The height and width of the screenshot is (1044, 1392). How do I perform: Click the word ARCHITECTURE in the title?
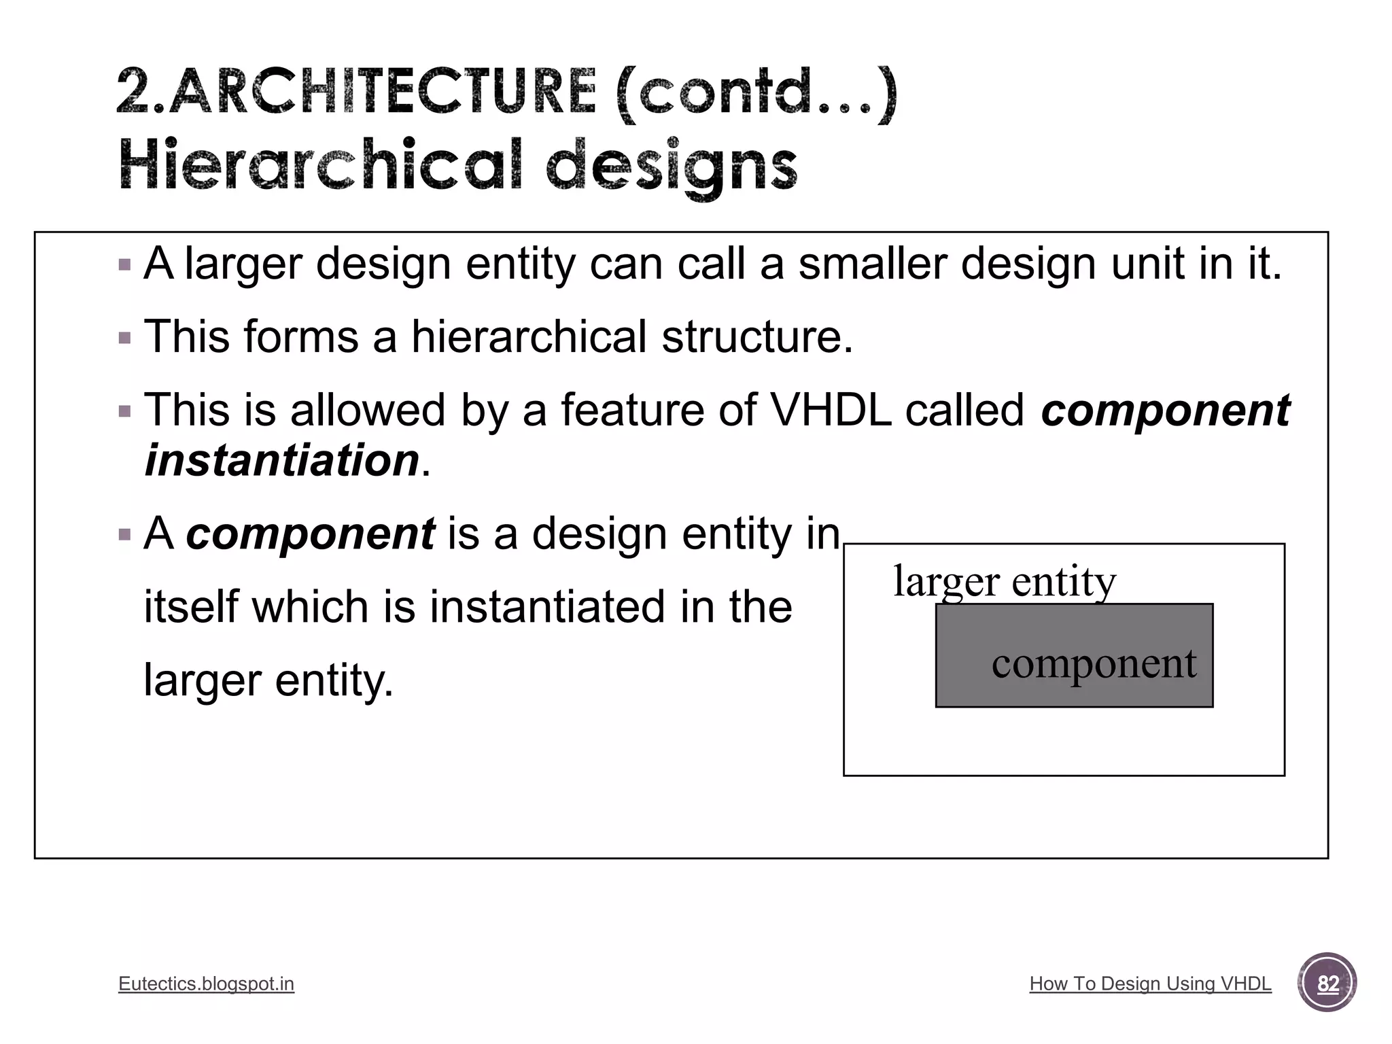pyautogui.click(x=382, y=91)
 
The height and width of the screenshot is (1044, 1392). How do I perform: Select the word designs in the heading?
pyautogui.click(x=671, y=167)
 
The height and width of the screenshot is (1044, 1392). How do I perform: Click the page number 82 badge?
pyautogui.click(x=1327, y=983)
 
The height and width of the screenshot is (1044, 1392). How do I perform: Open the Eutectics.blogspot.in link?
pyautogui.click(x=206, y=984)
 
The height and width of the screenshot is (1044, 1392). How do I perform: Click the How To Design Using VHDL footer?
pyautogui.click(x=1150, y=984)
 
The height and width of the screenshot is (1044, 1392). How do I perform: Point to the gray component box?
pyautogui.click(x=1074, y=655)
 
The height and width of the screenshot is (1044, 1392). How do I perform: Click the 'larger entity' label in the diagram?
pyautogui.click(x=1005, y=581)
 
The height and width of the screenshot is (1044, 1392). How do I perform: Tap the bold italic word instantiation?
pyautogui.click(x=281, y=460)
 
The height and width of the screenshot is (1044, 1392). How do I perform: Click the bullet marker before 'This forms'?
pyautogui.click(x=124, y=337)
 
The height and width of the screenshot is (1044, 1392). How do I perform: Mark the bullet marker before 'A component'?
pyautogui.click(x=124, y=534)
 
